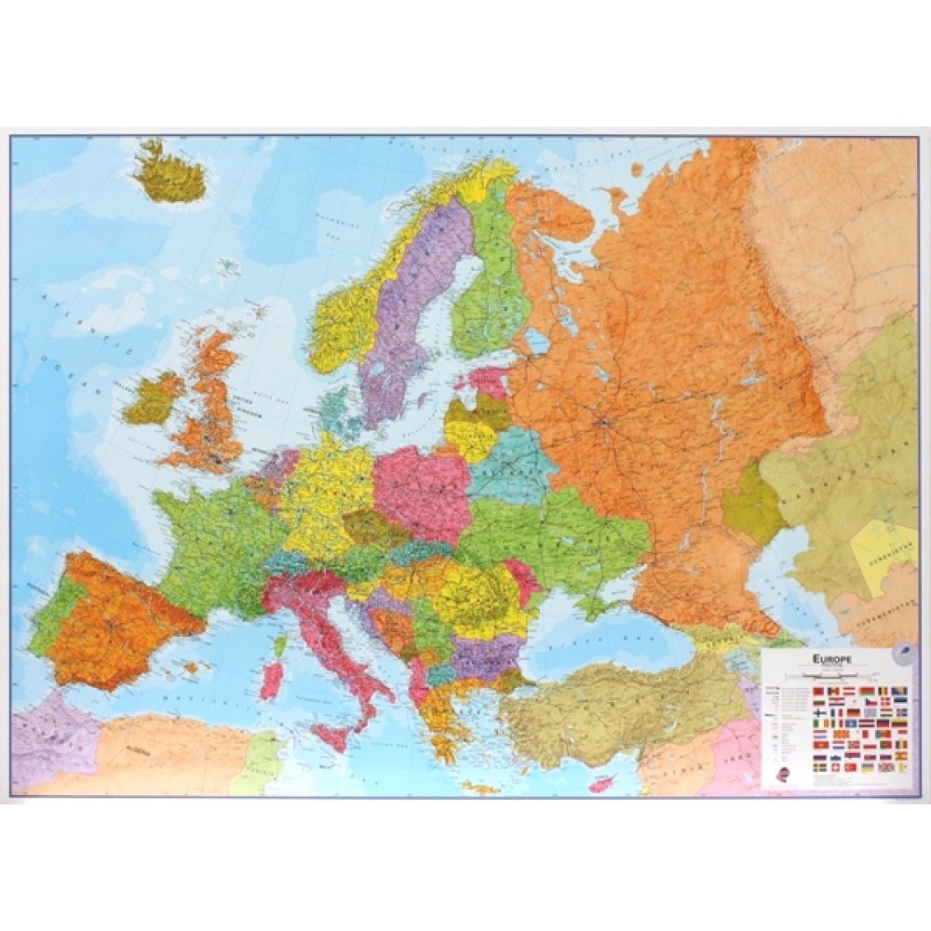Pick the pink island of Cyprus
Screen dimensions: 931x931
tap(603, 784)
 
